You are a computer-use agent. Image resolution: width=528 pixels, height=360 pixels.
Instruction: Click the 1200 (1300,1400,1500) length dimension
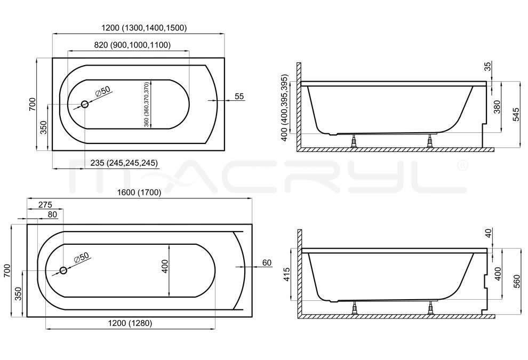144,28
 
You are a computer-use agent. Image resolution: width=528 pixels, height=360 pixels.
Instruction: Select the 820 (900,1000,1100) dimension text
132,45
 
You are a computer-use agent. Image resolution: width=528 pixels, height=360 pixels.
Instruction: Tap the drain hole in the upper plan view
84,105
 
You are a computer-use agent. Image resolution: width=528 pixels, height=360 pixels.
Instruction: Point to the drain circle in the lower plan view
63,270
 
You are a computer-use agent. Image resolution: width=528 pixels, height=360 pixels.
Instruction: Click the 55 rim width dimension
239,97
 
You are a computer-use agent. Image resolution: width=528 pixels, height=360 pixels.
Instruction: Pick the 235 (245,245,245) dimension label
124,163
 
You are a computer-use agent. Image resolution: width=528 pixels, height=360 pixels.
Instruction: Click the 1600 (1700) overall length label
139,193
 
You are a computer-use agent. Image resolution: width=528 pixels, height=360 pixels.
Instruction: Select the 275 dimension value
45,204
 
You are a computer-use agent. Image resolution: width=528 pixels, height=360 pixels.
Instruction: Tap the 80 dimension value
52,214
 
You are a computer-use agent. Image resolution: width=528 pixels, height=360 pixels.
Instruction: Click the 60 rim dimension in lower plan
267,263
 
